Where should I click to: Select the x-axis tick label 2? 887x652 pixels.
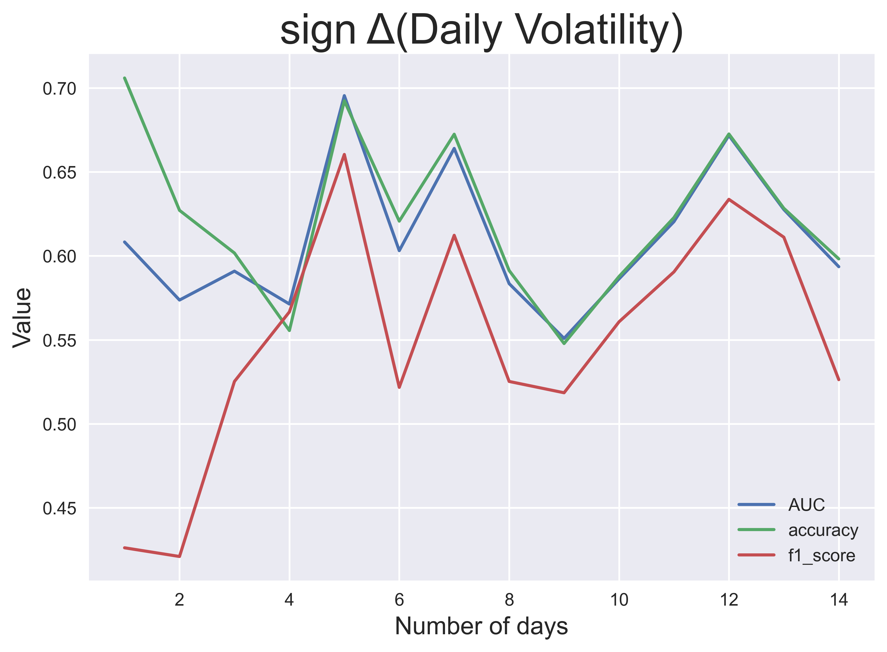(x=179, y=600)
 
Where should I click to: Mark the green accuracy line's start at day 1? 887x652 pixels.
(x=125, y=78)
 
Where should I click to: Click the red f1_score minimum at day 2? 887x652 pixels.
(x=179, y=556)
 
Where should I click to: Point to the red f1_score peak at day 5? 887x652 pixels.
(x=344, y=154)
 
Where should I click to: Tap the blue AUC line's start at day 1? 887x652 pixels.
(x=125, y=242)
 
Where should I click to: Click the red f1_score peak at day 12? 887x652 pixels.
(x=729, y=199)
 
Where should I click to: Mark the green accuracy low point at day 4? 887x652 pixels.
(x=290, y=330)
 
